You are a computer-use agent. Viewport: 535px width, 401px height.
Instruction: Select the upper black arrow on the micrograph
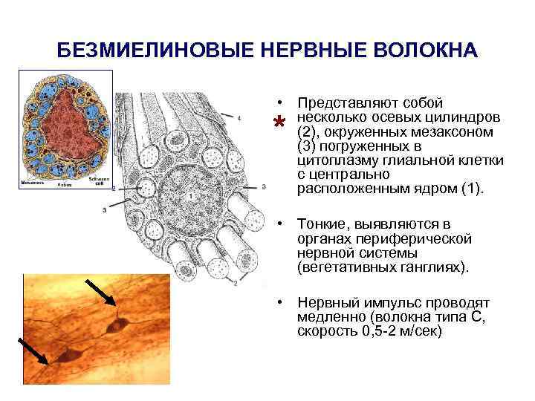[100, 291]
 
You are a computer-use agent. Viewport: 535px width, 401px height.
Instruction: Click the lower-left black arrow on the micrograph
[33, 351]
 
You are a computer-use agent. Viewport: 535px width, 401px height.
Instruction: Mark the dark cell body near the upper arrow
[117, 325]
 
